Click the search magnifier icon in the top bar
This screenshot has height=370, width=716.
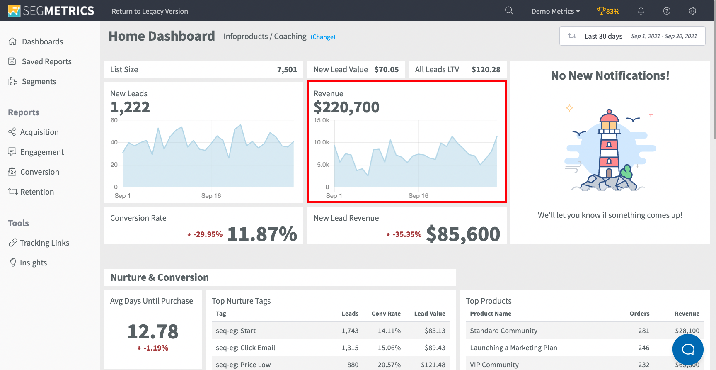point(509,11)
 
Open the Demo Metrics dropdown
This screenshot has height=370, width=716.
point(555,11)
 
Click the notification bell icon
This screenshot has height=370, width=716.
point(641,11)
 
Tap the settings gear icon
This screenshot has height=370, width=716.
point(692,11)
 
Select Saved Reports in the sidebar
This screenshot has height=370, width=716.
point(46,61)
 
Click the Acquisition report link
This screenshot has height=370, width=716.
point(39,132)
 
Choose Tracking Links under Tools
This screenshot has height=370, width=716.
point(44,243)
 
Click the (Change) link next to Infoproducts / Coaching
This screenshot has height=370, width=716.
point(323,37)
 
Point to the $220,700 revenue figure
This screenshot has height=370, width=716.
point(346,107)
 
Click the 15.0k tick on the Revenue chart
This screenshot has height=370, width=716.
point(321,120)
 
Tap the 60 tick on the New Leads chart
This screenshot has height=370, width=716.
point(114,120)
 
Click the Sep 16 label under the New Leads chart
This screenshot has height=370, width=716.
point(211,196)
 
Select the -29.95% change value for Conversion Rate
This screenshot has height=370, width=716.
point(208,234)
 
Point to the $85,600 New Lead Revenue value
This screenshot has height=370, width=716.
point(463,234)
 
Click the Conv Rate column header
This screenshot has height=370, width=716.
point(386,314)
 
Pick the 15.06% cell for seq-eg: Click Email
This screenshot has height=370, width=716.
point(389,348)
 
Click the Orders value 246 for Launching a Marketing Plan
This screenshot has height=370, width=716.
point(643,348)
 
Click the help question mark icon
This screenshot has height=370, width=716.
point(667,11)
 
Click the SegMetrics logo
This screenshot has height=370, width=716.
point(51,11)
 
